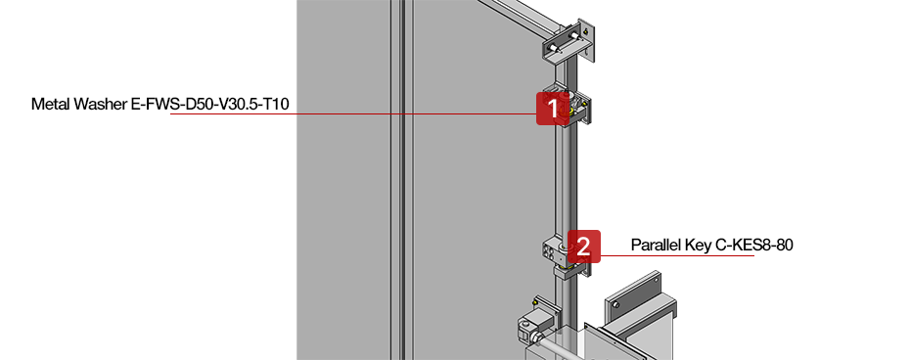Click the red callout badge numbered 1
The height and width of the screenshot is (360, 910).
553,108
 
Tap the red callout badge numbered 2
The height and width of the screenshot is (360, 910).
583,246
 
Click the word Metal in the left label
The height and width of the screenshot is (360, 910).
50,103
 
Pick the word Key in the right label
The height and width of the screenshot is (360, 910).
702,245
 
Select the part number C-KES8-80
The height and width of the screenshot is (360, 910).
754,245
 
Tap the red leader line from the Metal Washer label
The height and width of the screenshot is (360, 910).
352,114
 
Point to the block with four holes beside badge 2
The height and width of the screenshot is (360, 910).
553,248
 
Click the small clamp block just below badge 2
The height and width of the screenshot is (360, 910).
569,269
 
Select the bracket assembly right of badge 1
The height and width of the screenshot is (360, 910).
579,109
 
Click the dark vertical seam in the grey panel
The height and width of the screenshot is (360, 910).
401,196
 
